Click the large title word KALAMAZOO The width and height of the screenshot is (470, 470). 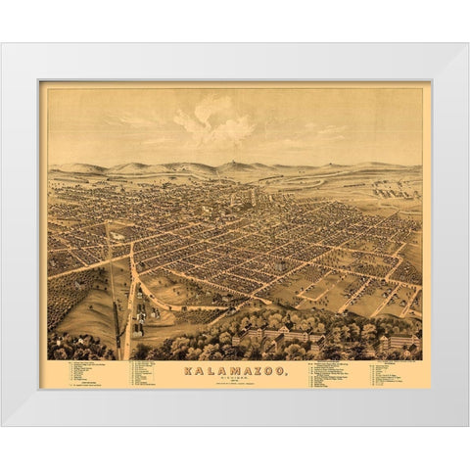[x=234, y=371]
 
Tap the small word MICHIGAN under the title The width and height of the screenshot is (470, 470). [x=234, y=379]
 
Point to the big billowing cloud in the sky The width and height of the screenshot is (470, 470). [x=215, y=123]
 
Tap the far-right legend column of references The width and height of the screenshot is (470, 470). [x=392, y=374]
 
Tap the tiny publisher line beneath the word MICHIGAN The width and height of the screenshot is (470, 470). [x=234, y=386]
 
